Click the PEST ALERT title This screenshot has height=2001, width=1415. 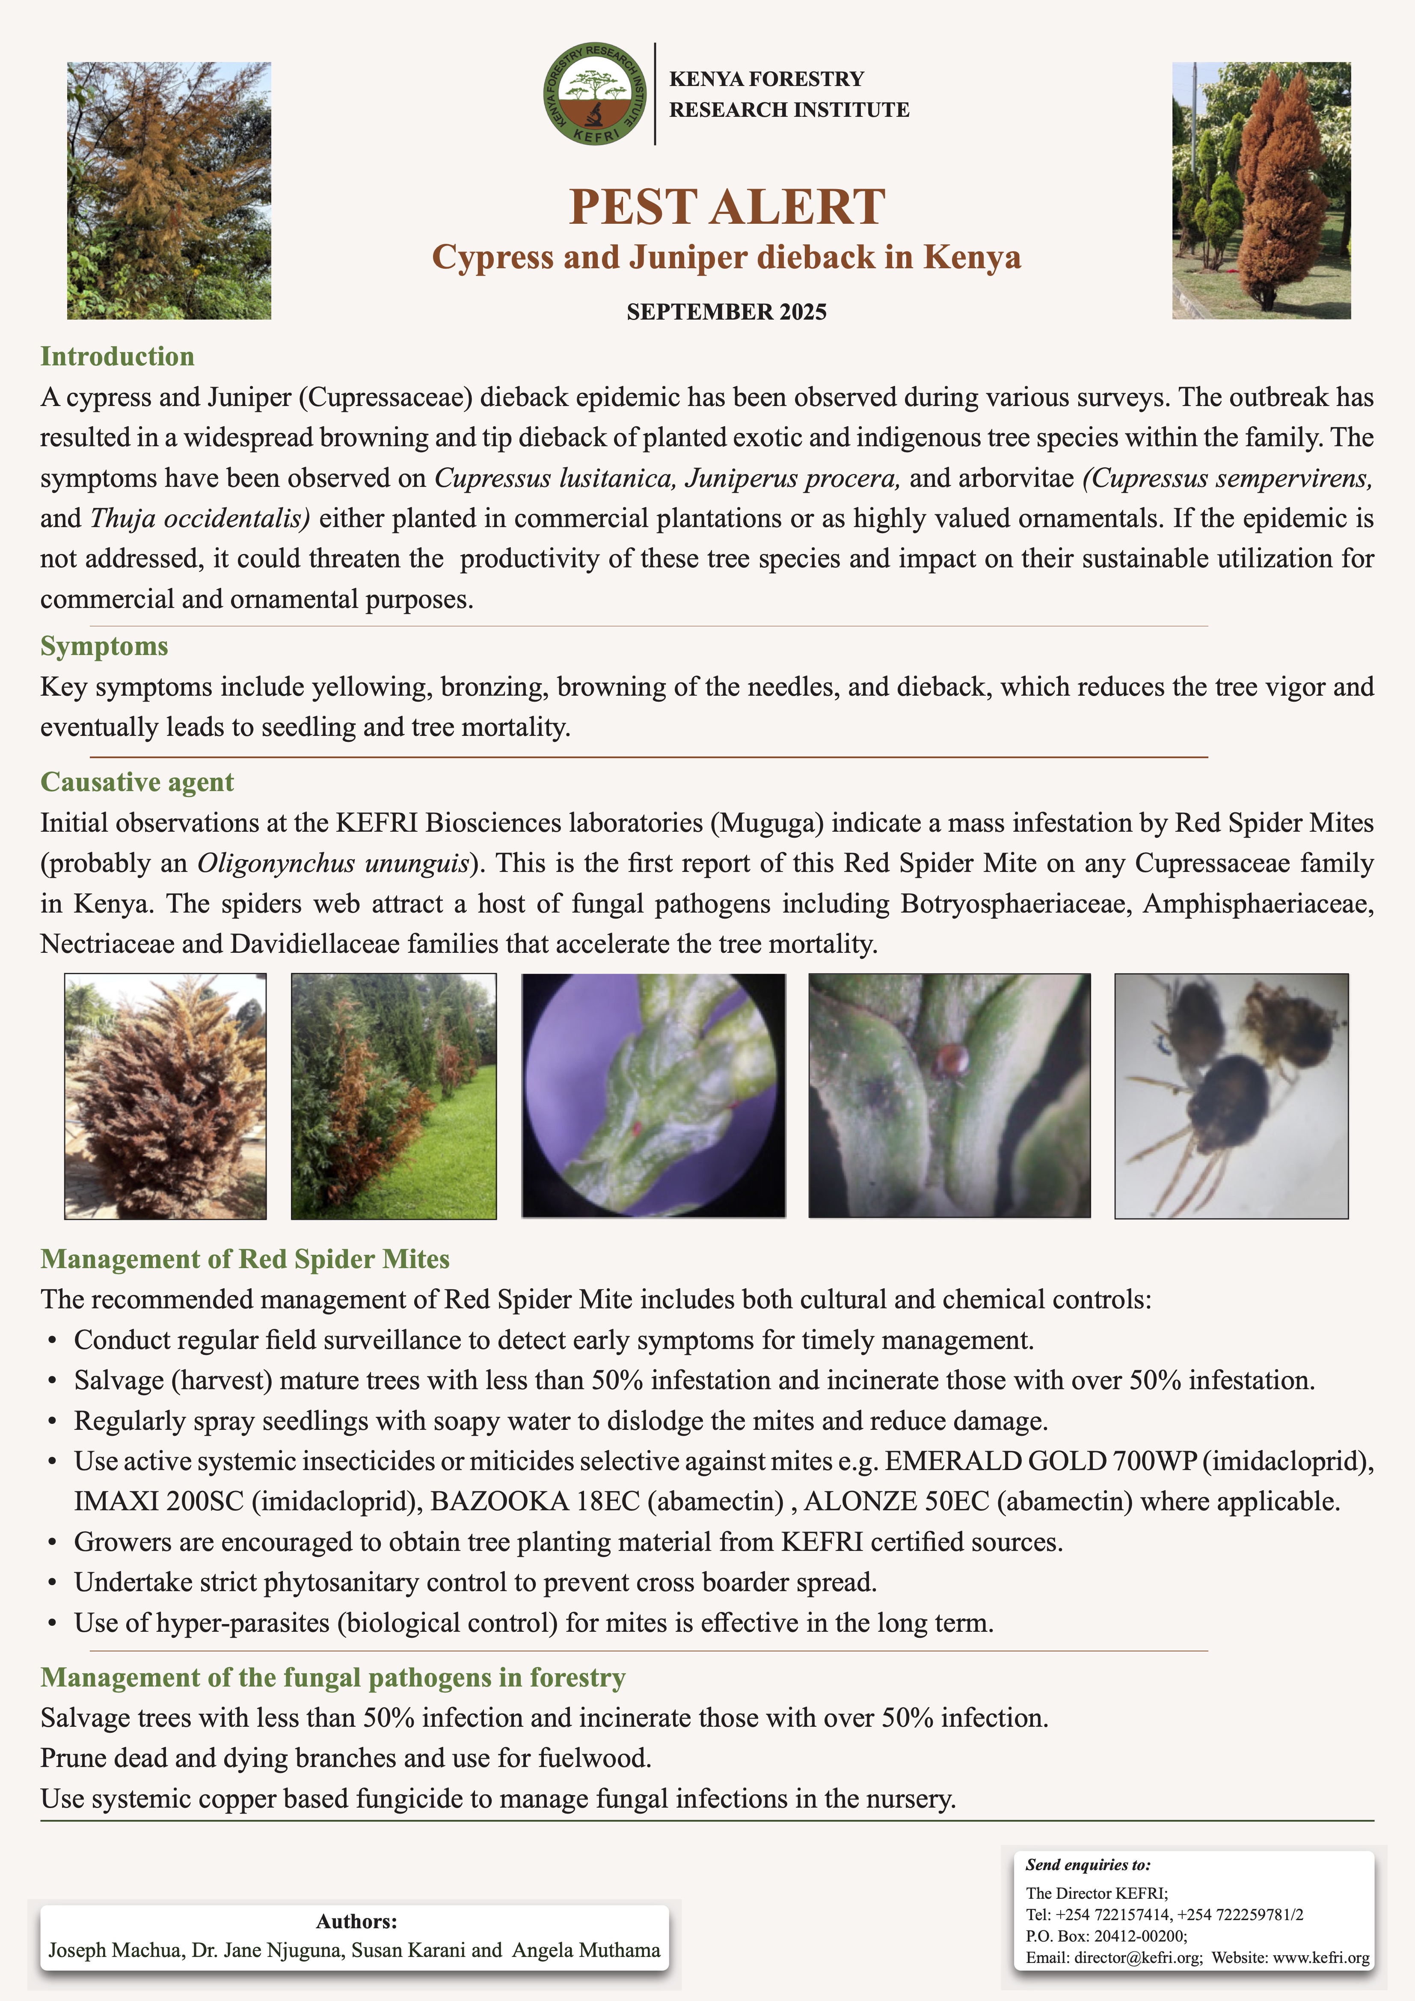pyautogui.click(x=727, y=208)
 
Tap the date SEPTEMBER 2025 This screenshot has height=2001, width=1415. pyautogui.click(x=726, y=312)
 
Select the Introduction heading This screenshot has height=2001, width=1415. pyautogui.click(x=117, y=356)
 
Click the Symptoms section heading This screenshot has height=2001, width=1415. pyautogui.click(x=104, y=646)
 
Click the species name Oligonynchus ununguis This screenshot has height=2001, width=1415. pyautogui.click(x=333, y=864)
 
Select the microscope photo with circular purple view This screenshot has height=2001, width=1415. pyautogui.click(x=653, y=1096)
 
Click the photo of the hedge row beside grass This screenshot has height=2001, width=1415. pyautogui.click(x=393, y=1096)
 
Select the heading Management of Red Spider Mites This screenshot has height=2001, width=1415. pyautogui.click(x=245, y=1259)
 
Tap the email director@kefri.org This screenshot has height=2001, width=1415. pyautogui.click(x=1138, y=1957)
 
